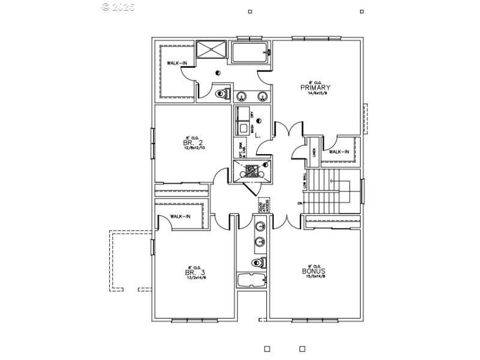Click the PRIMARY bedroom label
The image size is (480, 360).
tap(316, 88)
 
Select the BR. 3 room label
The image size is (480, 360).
tap(195, 272)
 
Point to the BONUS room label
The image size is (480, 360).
tap(314, 271)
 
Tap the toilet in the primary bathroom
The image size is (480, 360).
tap(221, 94)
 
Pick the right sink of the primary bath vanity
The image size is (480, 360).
tap(262, 95)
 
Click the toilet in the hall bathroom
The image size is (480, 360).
tap(259, 262)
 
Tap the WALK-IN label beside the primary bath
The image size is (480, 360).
tap(176, 63)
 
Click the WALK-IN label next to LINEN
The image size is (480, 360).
tap(339, 152)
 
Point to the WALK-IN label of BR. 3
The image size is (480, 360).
tap(181, 217)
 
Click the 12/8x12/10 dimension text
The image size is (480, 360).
tap(194, 148)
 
